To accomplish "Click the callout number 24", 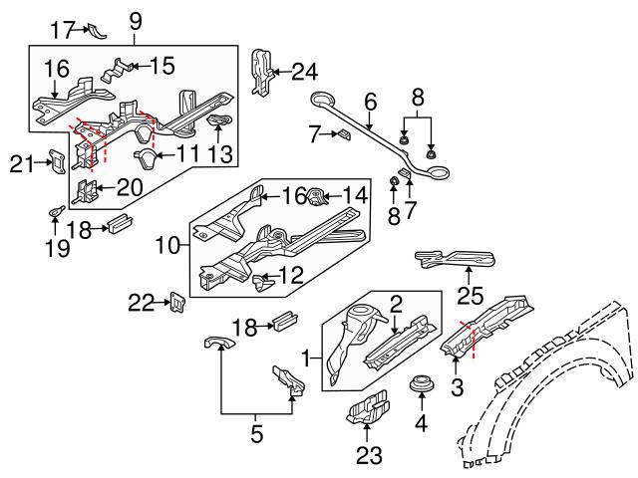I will tap(304, 72).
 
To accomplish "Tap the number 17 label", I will tap(63, 30).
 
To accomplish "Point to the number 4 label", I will tap(420, 423).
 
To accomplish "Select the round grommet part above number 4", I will tap(420, 383).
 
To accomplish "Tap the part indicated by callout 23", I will tap(367, 410).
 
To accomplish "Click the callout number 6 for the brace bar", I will tap(370, 101).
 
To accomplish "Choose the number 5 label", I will tap(256, 433).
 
